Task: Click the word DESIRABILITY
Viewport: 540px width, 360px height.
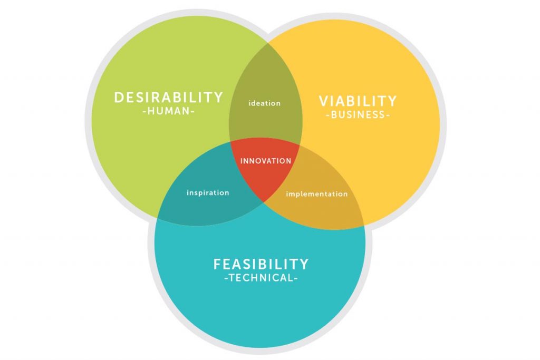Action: pyautogui.click(x=169, y=98)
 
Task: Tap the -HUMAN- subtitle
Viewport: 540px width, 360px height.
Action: pyautogui.click(x=169, y=112)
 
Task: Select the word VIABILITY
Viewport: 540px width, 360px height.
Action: pyautogui.click(x=358, y=101)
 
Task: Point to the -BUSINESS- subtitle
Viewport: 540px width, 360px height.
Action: pyautogui.click(x=358, y=115)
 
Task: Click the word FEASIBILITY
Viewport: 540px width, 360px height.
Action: pyautogui.click(x=261, y=264)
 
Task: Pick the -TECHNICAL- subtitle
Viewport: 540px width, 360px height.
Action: pyautogui.click(x=261, y=278)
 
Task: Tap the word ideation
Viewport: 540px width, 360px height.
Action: pyautogui.click(x=265, y=103)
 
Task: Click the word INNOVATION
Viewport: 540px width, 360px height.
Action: pyautogui.click(x=265, y=161)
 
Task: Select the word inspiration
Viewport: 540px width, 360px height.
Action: pyautogui.click(x=208, y=192)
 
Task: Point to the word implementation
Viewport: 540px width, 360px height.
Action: pyautogui.click(x=317, y=194)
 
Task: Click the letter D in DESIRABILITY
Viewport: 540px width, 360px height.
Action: pyautogui.click(x=119, y=98)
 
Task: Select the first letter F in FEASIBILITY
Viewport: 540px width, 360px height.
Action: pyautogui.click(x=217, y=264)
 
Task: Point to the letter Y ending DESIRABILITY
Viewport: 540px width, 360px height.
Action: pyautogui.click(x=218, y=98)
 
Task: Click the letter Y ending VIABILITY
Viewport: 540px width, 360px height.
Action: pyautogui.click(x=392, y=101)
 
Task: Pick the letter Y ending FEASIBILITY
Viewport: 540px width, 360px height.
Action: pyautogui.click(x=304, y=264)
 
